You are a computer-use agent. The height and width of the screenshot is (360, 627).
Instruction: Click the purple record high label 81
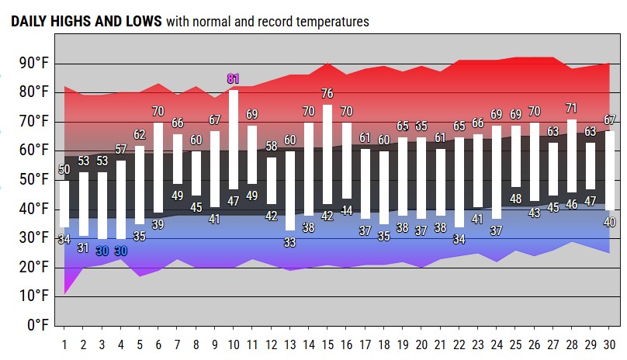click(x=233, y=78)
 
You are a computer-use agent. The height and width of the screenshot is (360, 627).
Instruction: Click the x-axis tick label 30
click(x=610, y=344)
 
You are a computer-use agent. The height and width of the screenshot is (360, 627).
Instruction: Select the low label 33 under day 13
click(x=289, y=242)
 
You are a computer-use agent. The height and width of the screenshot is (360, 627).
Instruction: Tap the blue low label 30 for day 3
click(x=102, y=251)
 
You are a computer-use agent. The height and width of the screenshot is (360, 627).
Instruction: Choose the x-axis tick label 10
click(x=233, y=344)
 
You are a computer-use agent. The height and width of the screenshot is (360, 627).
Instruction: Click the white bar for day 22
click(x=459, y=182)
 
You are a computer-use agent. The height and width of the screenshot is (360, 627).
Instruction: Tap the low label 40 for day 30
click(x=610, y=222)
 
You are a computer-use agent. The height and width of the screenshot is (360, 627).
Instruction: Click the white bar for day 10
click(x=233, y=140)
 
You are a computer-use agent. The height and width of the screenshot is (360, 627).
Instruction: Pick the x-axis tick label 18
click(x=384, y=344)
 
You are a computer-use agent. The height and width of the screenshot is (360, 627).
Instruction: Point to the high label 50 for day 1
click(x=64, y=169)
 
